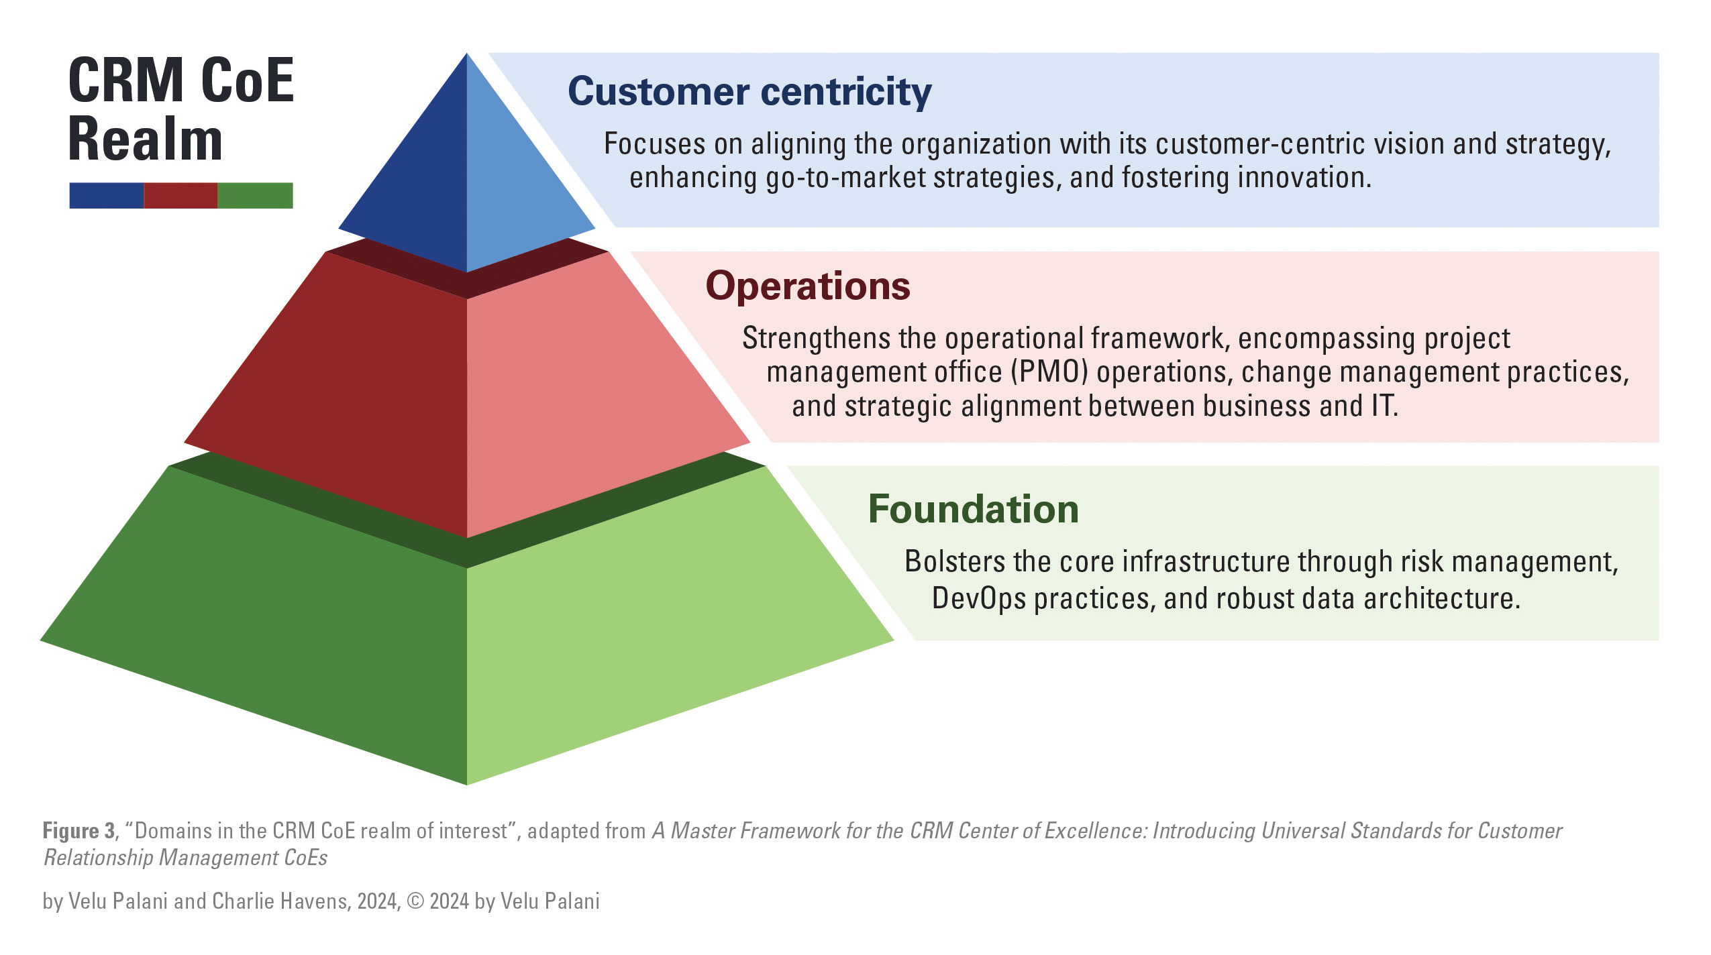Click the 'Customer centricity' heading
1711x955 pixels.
tap(749, 92)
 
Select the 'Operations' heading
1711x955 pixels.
tap(808, 286)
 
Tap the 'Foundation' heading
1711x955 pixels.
tap(974, 509)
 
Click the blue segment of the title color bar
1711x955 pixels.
tap(107, 196)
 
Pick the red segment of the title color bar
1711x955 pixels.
tap(180, 196)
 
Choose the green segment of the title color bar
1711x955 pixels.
tap(255, 196)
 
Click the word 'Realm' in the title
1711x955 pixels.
tap(145, 139)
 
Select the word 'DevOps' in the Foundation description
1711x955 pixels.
tap(979, 598)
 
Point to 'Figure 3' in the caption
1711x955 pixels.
tap(79, 831)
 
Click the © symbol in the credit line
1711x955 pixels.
tap(415, 901)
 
